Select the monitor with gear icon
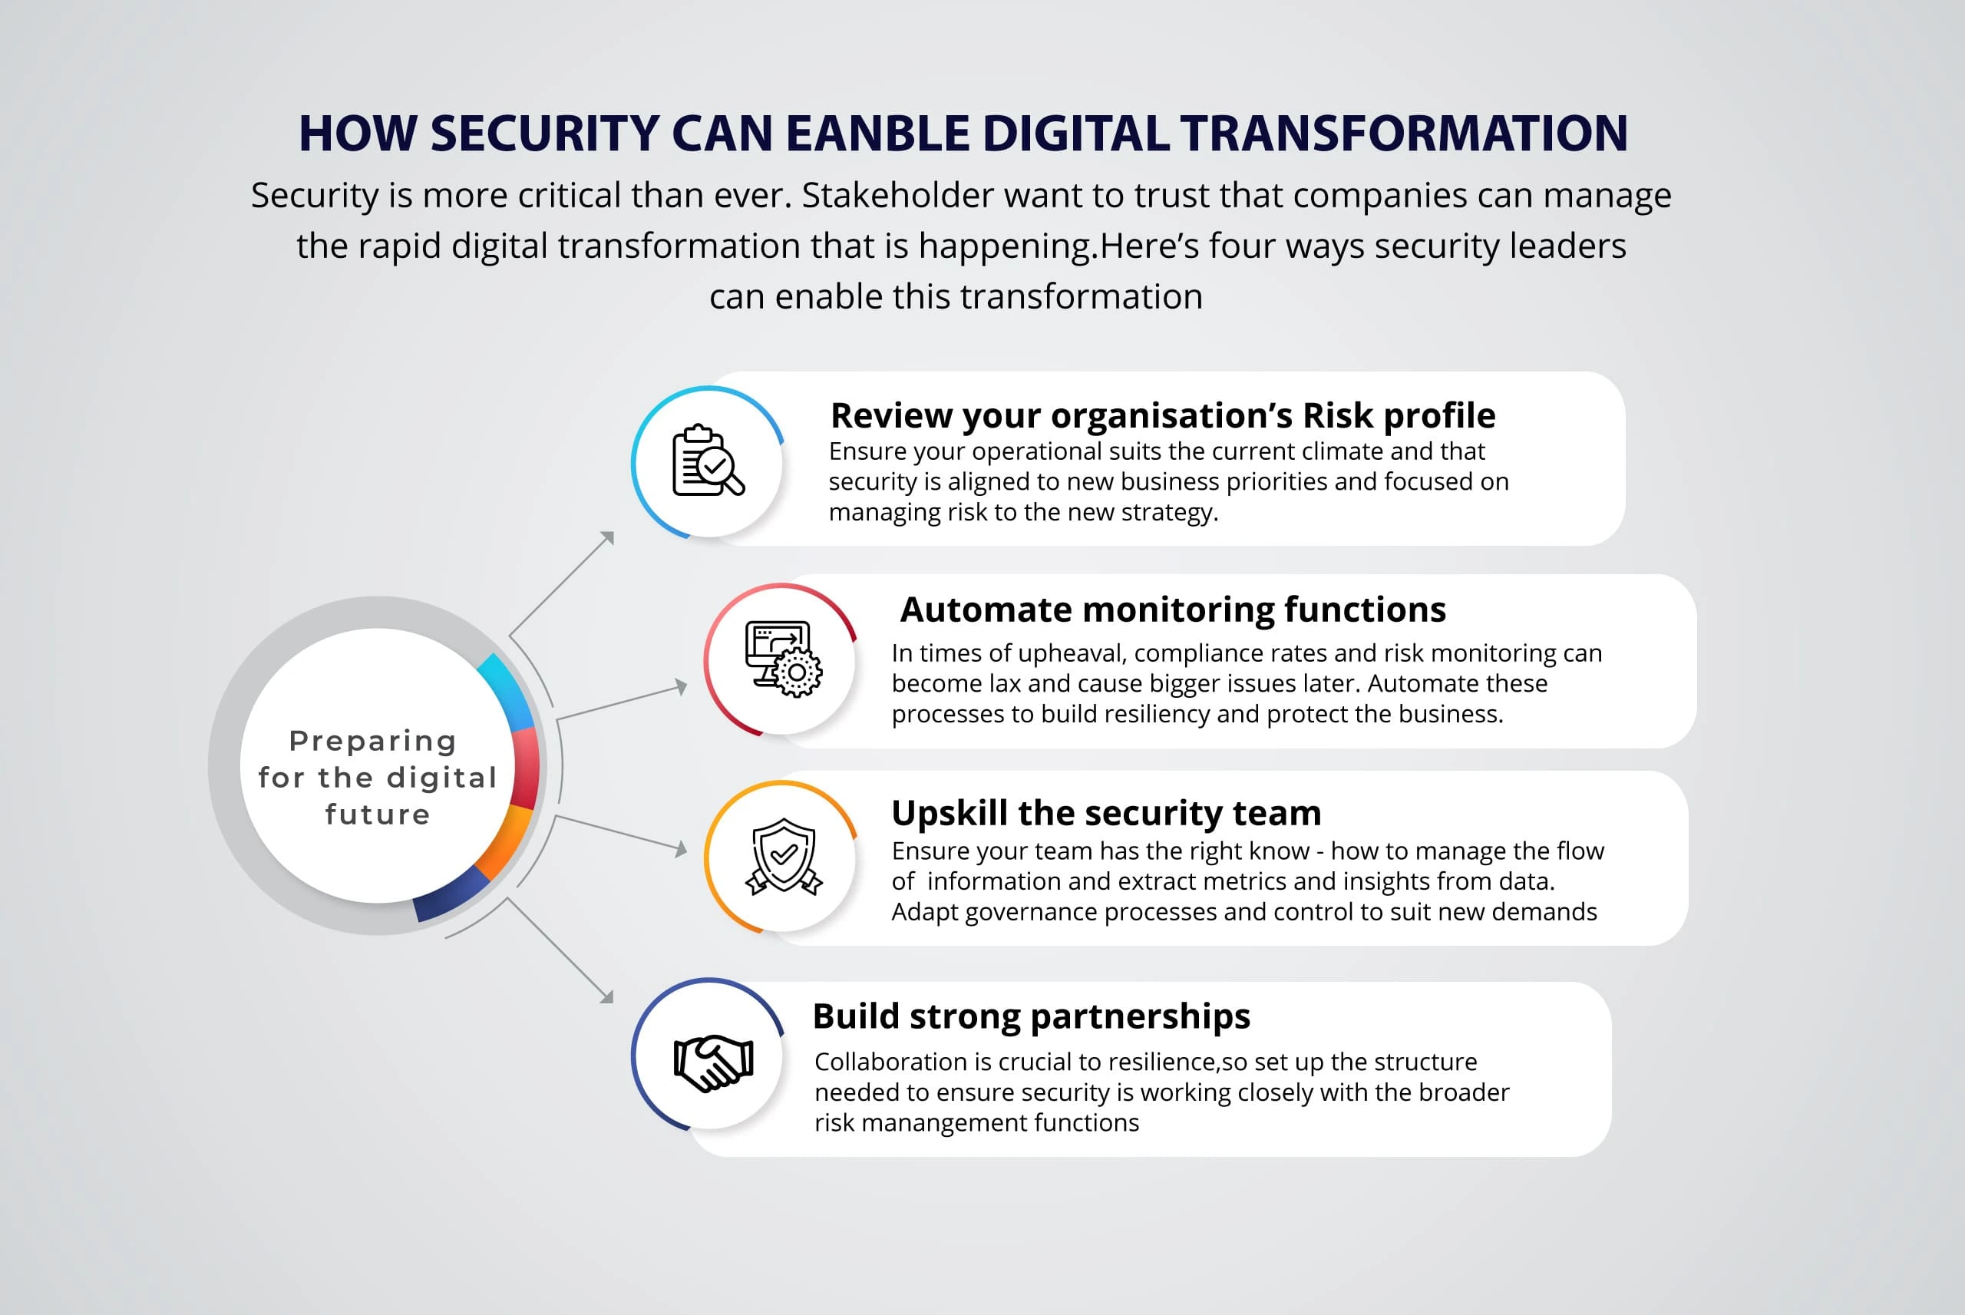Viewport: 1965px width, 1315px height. point(784,659)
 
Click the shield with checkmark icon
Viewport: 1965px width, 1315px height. point(784,856)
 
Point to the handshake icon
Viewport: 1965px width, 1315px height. point(713,1062)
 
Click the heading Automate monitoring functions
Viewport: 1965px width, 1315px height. point(1173,610)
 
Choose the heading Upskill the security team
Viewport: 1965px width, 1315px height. point(1106,814)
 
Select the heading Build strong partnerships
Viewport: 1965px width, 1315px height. point(1031,1016)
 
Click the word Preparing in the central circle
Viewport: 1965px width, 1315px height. point(373,742)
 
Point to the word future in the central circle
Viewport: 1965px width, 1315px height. point(377,814)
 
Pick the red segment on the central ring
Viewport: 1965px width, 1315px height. point(527,768)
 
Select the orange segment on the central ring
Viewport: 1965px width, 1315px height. point(506,842)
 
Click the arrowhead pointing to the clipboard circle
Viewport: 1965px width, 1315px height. point(608,537)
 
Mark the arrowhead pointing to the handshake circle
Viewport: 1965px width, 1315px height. point(607,996)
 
